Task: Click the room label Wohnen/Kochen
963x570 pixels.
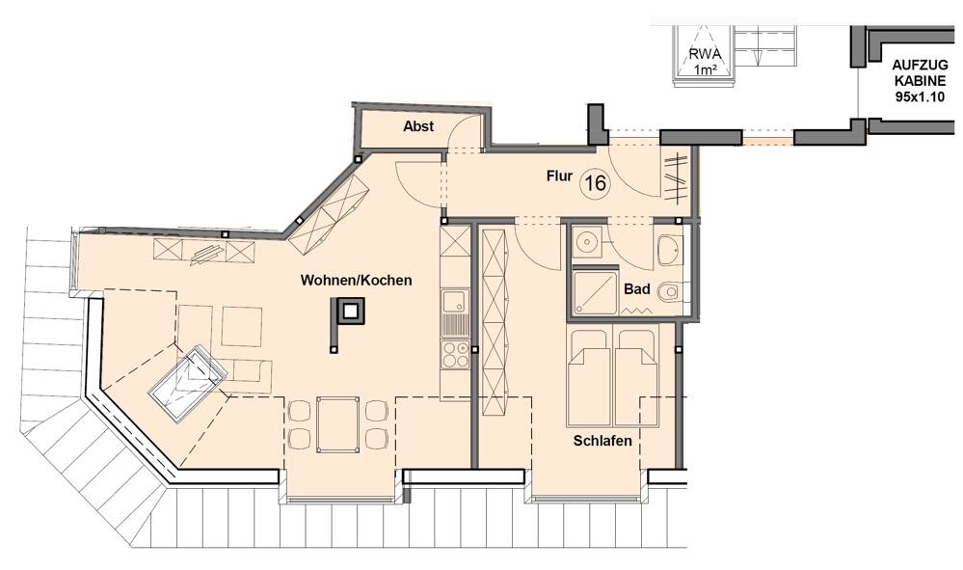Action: pos(356,281)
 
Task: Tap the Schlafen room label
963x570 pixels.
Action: pos(602,441)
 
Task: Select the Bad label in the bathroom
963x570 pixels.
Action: pos(636,288)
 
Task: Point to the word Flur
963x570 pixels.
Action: pos(559,176)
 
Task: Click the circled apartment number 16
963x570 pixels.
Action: pos(595,183)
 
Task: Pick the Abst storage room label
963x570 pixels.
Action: pos(418,126)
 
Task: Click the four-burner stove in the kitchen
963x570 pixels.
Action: pos(453,354)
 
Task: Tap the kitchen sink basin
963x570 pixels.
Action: pos(453,304)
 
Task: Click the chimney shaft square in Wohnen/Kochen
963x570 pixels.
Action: pos(350,311)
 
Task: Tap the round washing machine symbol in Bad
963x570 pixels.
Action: pos(584,241)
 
